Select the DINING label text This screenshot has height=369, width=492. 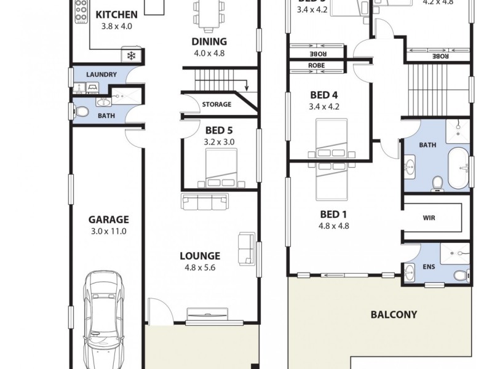[209, 42]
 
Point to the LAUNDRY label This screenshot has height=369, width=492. [101, 74]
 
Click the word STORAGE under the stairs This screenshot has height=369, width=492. [216, 105]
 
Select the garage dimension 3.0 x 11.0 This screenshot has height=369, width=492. [108, 231]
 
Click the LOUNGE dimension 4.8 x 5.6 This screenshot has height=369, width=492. [199, 268]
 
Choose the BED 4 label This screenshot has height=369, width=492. [324, 95]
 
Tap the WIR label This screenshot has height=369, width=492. [429, 218]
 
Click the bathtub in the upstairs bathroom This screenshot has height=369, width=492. [458, 167]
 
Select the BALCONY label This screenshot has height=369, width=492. [394, 315]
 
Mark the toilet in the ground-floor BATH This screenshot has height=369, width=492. [81, 112]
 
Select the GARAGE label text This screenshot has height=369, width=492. [108, 220]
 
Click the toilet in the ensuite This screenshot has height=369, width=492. [459, 275]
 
